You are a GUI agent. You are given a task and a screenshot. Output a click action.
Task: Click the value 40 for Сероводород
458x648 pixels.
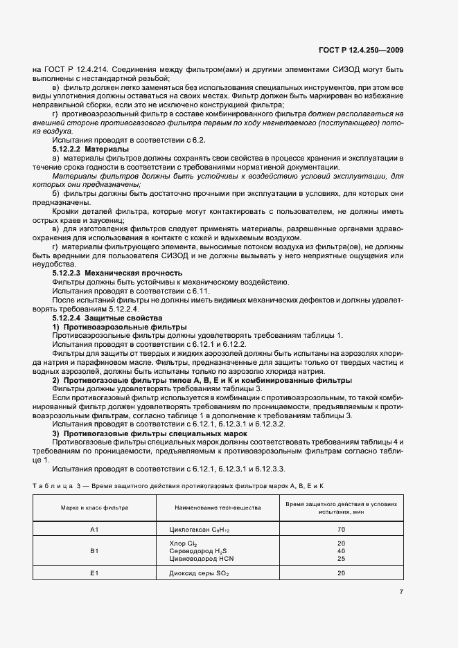(x=341, y=550)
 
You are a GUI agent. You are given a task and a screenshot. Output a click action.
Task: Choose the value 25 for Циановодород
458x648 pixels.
(x=341, y=558)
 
